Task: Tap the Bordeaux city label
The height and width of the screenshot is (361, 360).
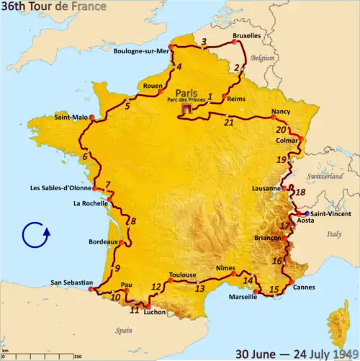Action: click(x=102, y=242)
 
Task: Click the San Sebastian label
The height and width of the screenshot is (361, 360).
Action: click(x=73, y=282)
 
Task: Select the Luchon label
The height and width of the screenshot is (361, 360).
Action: click(x=154, y=313)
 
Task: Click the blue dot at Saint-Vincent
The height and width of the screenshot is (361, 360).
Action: click(x=307, y=214)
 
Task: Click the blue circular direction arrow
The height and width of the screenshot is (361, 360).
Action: click(x=35, y=236)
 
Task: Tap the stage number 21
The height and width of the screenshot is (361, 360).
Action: click(x=229, y=122)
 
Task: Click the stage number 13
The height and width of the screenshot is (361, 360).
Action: click(x=199, y=288)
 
